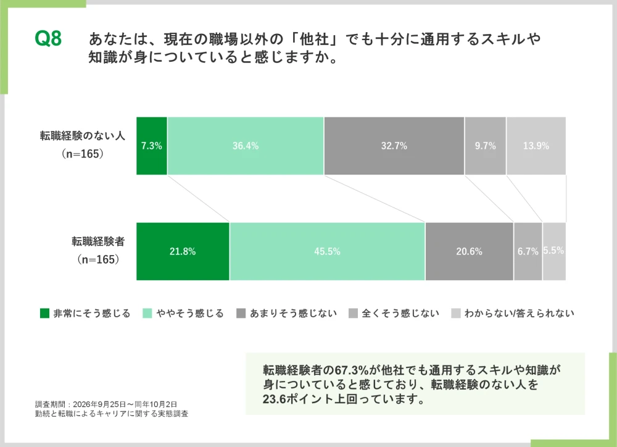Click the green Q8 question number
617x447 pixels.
(48, 39)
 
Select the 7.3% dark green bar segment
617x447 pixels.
(152, 146)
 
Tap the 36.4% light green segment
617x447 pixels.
(246, 146)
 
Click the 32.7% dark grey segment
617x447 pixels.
(394, 146)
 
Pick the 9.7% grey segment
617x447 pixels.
(485, 146)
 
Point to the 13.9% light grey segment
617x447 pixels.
(536, 146)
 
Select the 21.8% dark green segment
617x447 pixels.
(183, 251)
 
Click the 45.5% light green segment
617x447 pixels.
(328, 251)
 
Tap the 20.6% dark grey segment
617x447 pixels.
(469, 251)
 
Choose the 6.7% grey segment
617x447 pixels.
(528, 251)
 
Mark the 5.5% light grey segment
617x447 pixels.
(555, 251)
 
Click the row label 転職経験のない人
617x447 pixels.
(83, 136)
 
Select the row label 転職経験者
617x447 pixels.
(98, 241)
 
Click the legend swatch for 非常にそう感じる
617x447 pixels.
(44, 313)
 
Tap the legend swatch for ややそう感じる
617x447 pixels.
(147, 313)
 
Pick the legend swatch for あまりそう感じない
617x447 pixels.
(241, 313)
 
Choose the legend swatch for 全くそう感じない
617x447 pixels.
(353, 313)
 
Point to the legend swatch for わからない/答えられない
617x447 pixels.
(456, 313)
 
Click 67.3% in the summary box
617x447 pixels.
(352, 370)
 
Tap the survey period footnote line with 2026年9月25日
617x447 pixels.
(106, 404)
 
